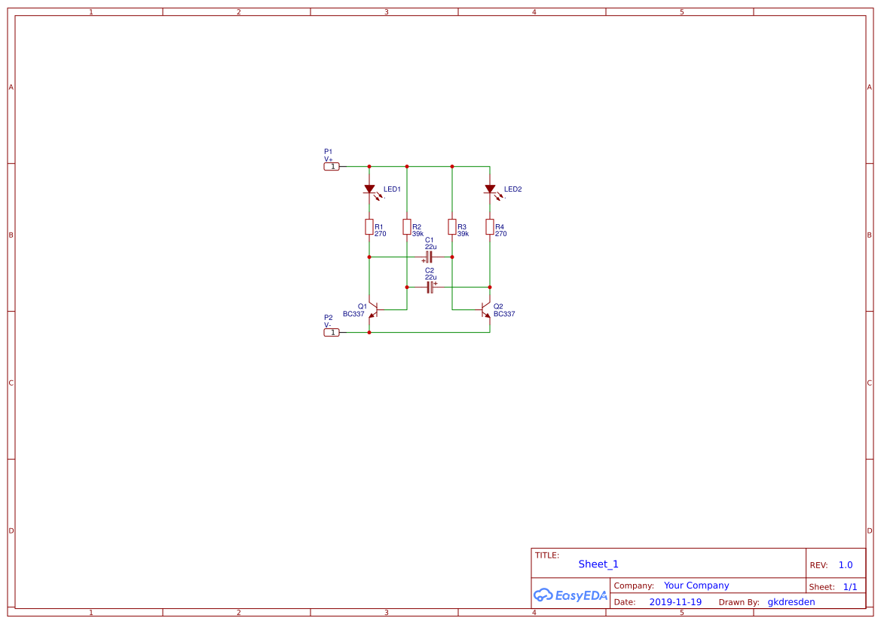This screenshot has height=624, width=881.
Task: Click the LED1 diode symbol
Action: click(x=370, y=189)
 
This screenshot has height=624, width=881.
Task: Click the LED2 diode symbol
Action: click(x=490, y=189)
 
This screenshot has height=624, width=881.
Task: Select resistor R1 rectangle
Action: click(x=369, y=227)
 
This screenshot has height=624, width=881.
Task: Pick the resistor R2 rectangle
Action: click(x=407, y=227)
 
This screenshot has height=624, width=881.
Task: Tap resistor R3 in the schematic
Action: click(x=451, y=227)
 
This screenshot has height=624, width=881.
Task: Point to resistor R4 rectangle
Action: click(x=490, y=227)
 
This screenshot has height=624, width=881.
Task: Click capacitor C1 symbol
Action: click(x=429, y=257)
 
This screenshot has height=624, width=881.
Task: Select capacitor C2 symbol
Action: click(x=430, y=287)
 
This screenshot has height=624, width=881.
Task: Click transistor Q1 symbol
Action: click(x=373, y=310)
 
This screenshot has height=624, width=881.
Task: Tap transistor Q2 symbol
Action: click(x=486, y=310)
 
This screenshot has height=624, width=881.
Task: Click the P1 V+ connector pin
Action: click(x=332, y=167)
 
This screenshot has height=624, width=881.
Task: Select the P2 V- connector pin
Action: click(x=332, y=333)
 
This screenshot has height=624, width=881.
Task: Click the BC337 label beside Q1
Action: click(x=353, y=314)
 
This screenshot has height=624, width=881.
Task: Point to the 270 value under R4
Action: click(x=500, y=233)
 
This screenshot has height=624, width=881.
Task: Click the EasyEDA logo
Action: click(x=571, y=595)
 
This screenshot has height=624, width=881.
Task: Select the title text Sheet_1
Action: click(x=598, y=564)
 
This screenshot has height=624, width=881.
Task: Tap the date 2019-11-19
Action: click(x=675, y=602)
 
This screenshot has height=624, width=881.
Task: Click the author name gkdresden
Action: click(x=791, y=602)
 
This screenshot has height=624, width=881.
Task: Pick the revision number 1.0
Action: click(x=846, y=565)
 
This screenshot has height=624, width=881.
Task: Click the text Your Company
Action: click(x=696, y=586)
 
